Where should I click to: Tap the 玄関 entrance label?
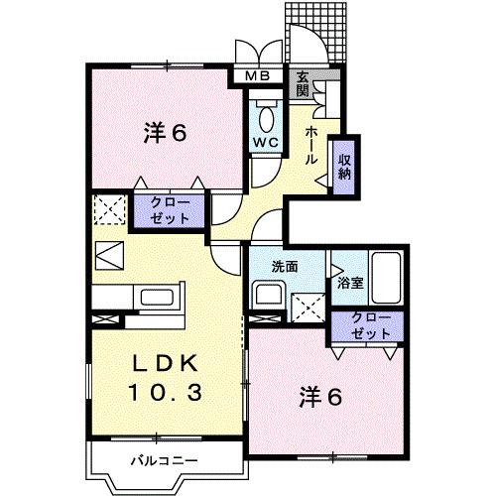click(x=303, y=85)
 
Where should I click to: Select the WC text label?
click(x=263, y=142)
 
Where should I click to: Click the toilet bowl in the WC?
click(x=264, y=117)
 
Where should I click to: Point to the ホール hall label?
click(x=310, y=145)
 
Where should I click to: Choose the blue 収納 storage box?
click(x=343, y=167)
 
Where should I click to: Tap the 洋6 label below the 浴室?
click(x=319, y=398)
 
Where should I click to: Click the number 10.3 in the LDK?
click(x=166, y=392)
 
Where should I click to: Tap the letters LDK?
click(x=166, y=360)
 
